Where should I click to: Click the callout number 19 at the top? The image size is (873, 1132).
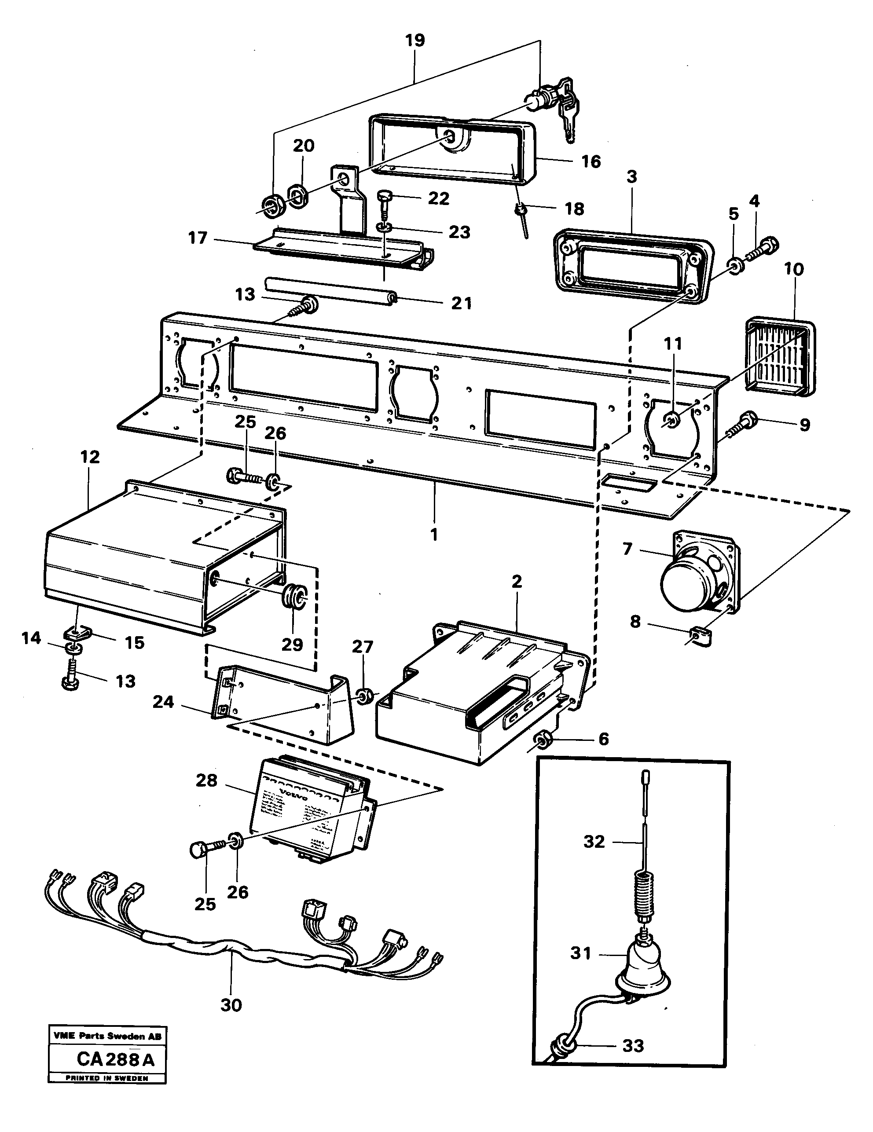point(415,40)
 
